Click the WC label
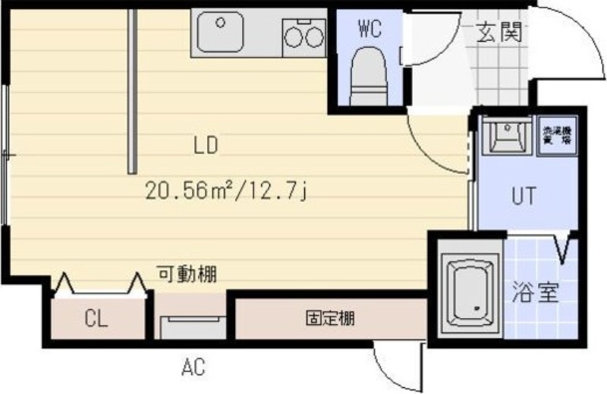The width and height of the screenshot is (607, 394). click(x=369, y=30)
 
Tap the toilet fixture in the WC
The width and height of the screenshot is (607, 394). click(x=370, y=76)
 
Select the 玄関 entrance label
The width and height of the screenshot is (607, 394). click(x=499, y=33)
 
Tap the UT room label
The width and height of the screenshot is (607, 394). click(x=523, y=196)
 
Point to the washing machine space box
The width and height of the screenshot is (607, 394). click(x=555, y=137)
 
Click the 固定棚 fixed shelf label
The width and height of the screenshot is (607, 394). click(x=329, y=318)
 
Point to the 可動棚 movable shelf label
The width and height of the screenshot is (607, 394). click(x=187, y=274)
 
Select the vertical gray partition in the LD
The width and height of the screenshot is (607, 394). click(x=132, y=91)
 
